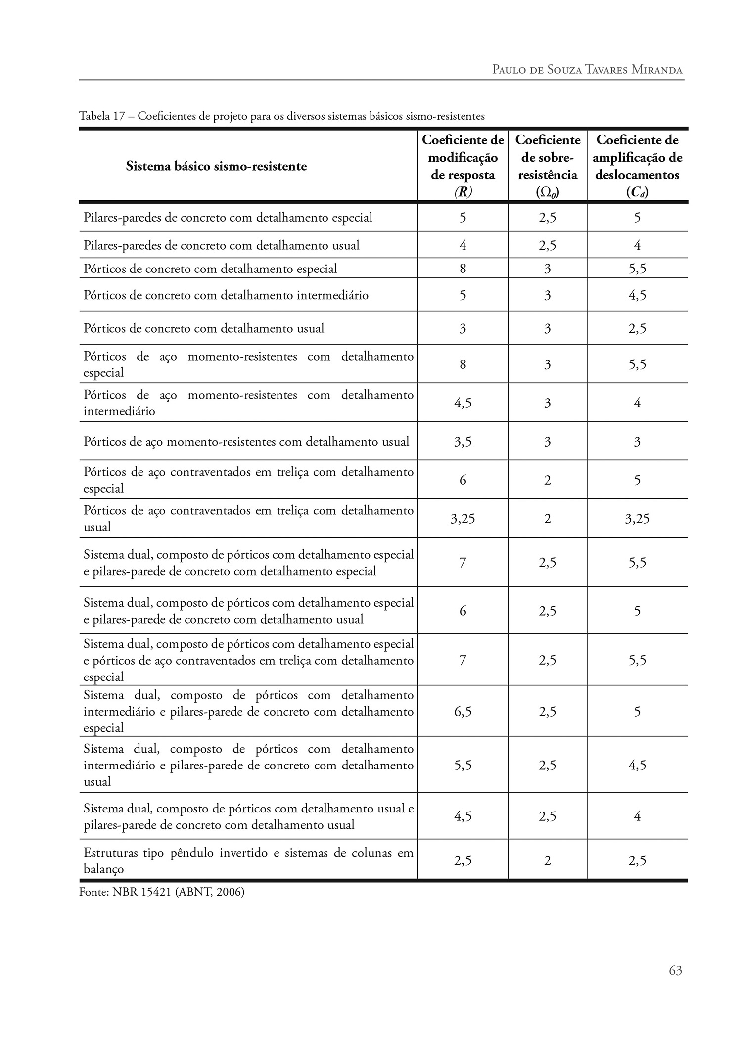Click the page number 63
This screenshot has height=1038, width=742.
pyautogui.click(x=675, y=971)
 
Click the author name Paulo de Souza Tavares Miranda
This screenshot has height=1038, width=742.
pyautogui.click(x=587, y=69)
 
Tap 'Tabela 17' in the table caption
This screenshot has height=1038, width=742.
pyautogui.click(x=101, y=116)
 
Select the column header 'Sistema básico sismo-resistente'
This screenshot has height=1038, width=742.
pyautogui.click(x=216, y=166)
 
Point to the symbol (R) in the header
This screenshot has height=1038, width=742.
pyautogui.click(x=463, y=192)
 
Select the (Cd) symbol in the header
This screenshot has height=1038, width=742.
pyautogui.click(x=637, y=192)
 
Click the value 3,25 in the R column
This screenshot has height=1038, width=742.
pyautogui.click(x=463, y=519)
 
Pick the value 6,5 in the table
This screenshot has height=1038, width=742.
pyautogui.click(x=463, y=712)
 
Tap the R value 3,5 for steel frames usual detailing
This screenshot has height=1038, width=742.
pyautogui.click(x=463, y=442)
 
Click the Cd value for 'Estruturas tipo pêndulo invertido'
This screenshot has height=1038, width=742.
pyautogui.click(x=637, y=861)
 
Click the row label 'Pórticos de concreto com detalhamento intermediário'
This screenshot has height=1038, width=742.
pyautogui.click(x=226, y=296)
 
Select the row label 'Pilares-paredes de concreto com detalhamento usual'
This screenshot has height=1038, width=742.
pyautogui.click(x=222, y=246)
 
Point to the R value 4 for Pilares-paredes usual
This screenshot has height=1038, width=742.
pyautogui.click(x=463, y=246)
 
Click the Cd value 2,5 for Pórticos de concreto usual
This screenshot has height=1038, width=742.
pyautogui.click(x=637, y=329)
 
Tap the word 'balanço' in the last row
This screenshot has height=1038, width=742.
pyautogui.click(x=103, y=869)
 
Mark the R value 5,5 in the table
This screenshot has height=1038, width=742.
pyautogui.click(x=463, y=766)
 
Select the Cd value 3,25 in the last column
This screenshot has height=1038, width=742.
pyautogui.click(x=637, y=519)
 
